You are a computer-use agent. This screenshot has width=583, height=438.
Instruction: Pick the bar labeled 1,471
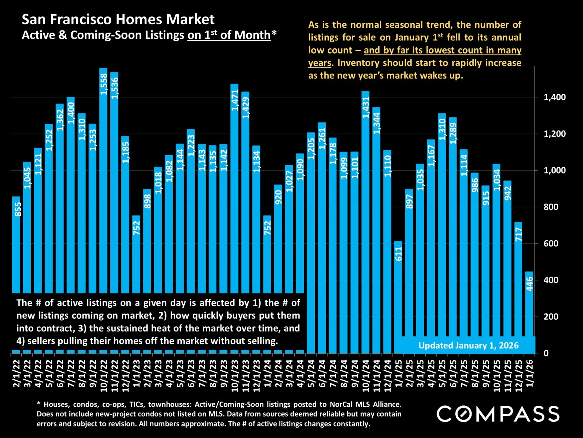(234, 189)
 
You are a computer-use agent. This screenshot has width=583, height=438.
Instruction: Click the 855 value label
(18, 209)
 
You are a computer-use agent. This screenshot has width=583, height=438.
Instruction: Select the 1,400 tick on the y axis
(554, 97)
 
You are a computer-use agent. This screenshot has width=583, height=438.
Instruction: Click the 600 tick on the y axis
(551, 244)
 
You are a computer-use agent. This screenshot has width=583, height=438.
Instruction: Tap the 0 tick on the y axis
(546, 353)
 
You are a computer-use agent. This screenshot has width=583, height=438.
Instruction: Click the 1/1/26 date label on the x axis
(530, 373)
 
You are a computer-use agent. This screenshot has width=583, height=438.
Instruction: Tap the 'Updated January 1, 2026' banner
(468, 345)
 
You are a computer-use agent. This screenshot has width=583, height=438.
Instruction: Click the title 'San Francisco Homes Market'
(118, 19)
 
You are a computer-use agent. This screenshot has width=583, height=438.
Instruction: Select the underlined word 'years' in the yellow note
(319, 63)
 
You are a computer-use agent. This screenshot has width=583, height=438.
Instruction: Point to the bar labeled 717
(518, 286)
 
